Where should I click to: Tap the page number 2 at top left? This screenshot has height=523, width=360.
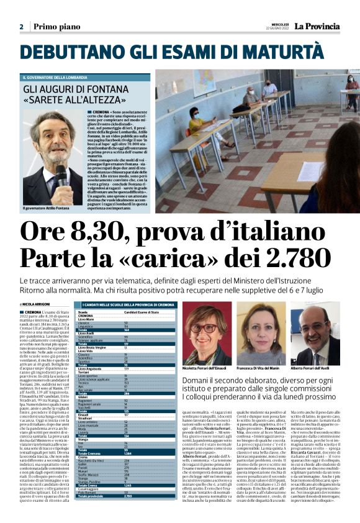point(21,27)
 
